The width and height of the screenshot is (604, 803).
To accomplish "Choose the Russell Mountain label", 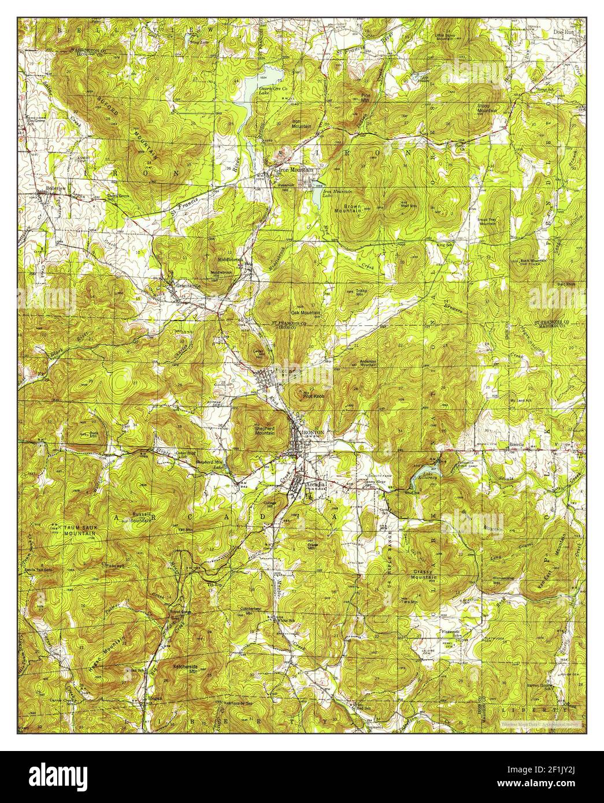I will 142,516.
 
